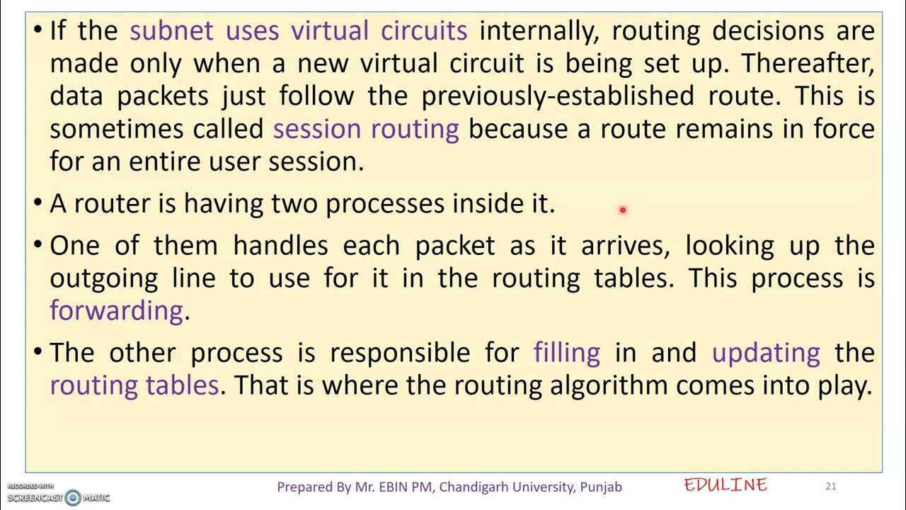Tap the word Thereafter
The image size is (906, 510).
click(x=808, y=64)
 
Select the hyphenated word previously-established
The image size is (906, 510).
click(x=558, y=96)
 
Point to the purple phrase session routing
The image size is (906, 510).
click(x=366, y=129)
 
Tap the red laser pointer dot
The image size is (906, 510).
click(x=622, y=210)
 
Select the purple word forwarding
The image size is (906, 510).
click(x=116, y=311)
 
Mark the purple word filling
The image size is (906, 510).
click(x=567, y=353)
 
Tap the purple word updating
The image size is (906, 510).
click(x=766, y=353)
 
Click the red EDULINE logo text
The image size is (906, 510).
click(x=726, y=485)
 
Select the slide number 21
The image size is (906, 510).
click(x=831, y=486)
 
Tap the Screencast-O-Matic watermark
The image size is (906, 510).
click(x=59, y=495)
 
